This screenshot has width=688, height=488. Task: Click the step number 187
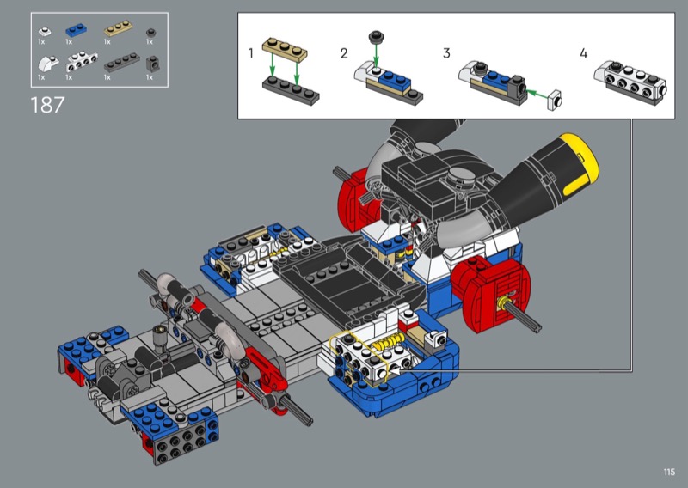47,105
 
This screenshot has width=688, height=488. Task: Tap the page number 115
669,472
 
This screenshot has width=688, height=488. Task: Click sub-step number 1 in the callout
250,53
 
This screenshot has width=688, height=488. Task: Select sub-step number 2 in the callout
344,53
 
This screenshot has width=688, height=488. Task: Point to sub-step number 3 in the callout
446,53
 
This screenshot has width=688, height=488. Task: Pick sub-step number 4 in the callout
583,53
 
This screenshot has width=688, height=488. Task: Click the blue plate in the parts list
76,30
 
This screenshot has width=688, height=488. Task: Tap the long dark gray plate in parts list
122,62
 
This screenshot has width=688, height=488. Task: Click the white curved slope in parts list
48,64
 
